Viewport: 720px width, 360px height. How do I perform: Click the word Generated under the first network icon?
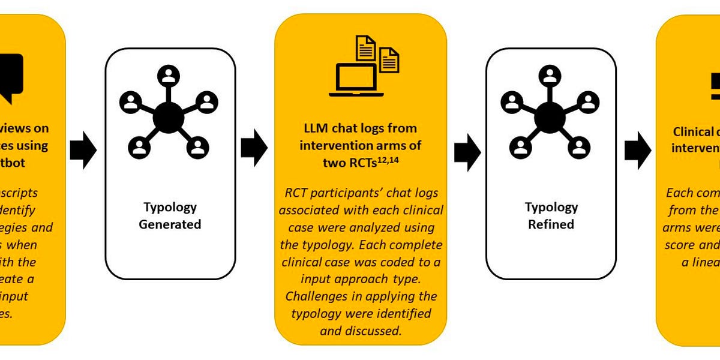coord(170,224)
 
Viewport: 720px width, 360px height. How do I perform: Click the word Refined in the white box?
coord(551,224)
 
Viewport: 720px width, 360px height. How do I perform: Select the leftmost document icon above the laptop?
coord(365,48)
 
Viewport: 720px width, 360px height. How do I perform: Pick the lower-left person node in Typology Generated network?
coord(139,146)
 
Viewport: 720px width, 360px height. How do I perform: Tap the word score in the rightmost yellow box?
coord(681,245)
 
